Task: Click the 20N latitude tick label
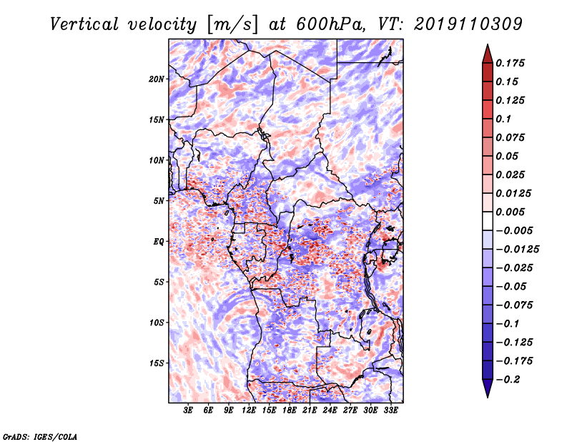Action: [x=157, y=79]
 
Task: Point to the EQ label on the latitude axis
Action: [x=158, y=242]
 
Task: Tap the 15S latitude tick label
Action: [x=157, y=363]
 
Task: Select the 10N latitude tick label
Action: [x=157, y=160]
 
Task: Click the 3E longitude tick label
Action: [x=188, y=411]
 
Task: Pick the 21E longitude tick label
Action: [x=310, y=411]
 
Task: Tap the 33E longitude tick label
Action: [x=390, y=411]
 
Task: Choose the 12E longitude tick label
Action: [x=249, y=411]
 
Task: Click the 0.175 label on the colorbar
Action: [x=510, y=63]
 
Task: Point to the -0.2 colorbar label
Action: [x=508, y=380]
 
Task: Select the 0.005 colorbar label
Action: [x=510, y=212]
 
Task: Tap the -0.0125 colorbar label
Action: [x=517, y=250]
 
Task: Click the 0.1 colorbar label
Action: [x=503, y=119]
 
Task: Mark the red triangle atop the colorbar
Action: [x=488, y=54]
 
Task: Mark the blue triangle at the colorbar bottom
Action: [x=488, y=388]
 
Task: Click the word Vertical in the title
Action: [x=84, y=24]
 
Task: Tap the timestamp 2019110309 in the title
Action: [x=468, y=24]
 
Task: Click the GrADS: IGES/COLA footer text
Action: [x=39, y=436]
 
